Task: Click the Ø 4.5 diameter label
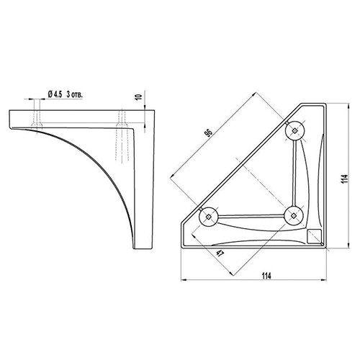tap(55, 94)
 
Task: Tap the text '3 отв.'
tap(74, 94)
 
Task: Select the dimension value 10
tap(139, 97)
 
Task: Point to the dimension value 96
tap(209, 133)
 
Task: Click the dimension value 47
tap(220, 253)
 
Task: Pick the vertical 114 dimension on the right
tap(344, 179)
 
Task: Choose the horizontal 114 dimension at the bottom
tap(266, 276)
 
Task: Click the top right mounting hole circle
tap(294, 130)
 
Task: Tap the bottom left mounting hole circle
tap(208, 217)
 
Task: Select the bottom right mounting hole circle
tap(293, 215)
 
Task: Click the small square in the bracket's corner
tap(314, 236)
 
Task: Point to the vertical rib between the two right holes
tap(294, 174)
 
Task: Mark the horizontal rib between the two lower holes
tap(251, 217)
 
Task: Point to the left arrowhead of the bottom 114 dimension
tap(184, 280)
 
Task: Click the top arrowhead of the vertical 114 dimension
tap(348, 107)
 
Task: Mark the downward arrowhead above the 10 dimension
tap(145, 107)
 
